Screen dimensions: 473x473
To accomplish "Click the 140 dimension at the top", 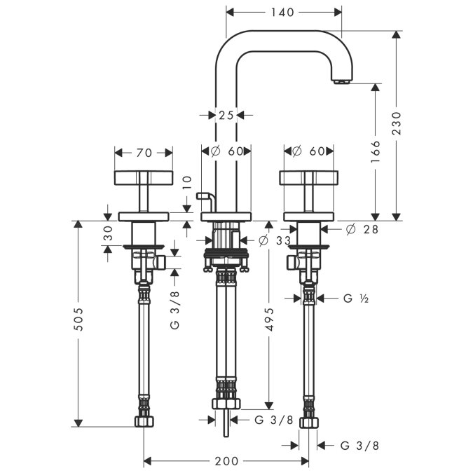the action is coord(282,13).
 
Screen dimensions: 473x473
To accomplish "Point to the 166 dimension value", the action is coord(376,151).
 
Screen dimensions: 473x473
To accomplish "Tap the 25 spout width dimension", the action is coord(226,115).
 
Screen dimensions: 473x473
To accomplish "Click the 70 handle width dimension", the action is coord(144,153).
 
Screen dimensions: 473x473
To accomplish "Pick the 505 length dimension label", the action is coord(78,319).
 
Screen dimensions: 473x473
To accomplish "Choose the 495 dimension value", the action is coord(269,319).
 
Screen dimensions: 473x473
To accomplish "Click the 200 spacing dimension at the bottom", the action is coord(226,461).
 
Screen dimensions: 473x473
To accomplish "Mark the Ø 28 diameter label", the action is coord(362,230).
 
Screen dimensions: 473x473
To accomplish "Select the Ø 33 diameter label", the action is coord(275,240).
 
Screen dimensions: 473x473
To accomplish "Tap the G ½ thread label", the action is coord(356,299).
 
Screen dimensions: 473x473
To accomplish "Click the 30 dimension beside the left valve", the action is coord(109,233).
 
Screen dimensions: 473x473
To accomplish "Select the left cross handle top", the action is coord(144,178).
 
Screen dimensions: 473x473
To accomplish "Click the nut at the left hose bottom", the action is coord(144,421).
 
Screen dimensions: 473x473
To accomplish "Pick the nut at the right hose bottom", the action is coord(309,423).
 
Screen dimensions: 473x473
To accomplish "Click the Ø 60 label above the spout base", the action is coord(227,151).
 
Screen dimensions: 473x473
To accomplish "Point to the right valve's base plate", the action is coord(308,217).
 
